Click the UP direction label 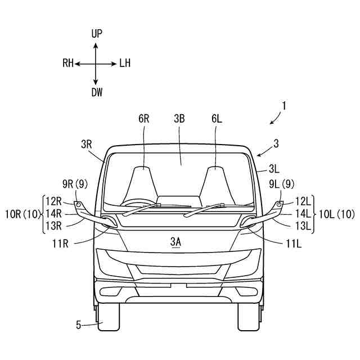click(x=97, y=34)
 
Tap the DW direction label click(x=97, y=93)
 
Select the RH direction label click(x=68, y=64)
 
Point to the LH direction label click(x=125, y=64)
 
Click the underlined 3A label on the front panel click(x=175, y=242)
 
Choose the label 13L click(x=303, y=226)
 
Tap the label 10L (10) click(x=336, y=214)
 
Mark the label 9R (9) click(x=75, y=183)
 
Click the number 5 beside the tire click(x=79, y=324)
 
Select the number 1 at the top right click(x=285, y=105)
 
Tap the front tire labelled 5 click(x=107, y=318)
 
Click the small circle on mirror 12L click(x=279, y=202)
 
